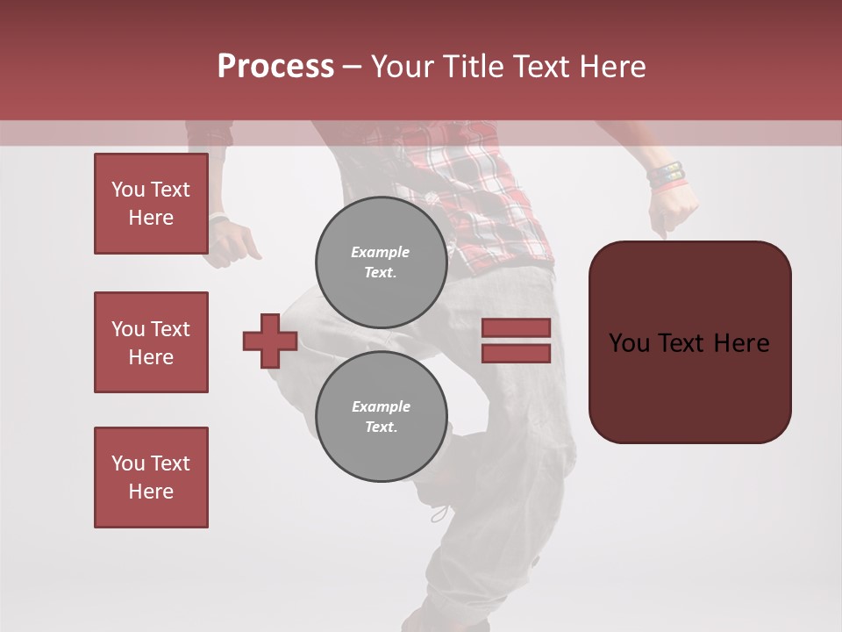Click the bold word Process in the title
(275, 67)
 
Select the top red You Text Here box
(151, 204)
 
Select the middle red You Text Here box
(151, 342)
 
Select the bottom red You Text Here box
(151, 478)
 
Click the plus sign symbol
(270, 341)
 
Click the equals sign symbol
(516, 341)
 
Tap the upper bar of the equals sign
(516, 328)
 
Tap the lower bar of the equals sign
(516, 353)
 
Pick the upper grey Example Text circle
(381, 262)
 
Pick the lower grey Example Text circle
(381, 417)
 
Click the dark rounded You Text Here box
(689, 342)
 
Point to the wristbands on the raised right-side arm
(666, 175)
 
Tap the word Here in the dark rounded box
(741, 343)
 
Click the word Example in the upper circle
(381, 252)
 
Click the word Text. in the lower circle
(381, 427)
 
